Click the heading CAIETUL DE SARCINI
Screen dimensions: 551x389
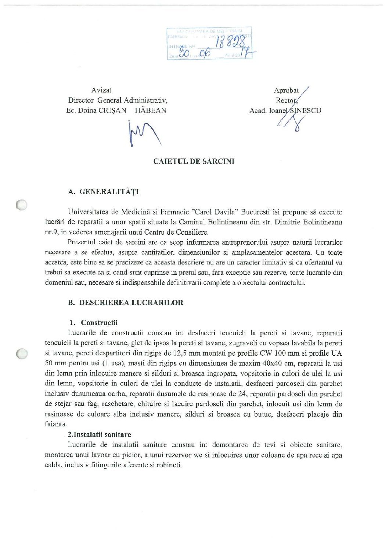tap(194, 161)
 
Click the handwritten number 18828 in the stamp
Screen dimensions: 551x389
tap(231, 43)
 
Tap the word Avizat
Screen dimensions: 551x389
tap(101, 90)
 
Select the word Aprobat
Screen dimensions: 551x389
tap(286, 90)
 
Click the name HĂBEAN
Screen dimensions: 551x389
tap(151, 110)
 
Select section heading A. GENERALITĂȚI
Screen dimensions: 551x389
tap(104, 192)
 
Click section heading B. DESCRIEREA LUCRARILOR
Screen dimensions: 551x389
tap(126, 303)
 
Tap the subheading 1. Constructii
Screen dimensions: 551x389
tap(94, 323)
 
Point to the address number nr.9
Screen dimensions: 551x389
tap(52, 232)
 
